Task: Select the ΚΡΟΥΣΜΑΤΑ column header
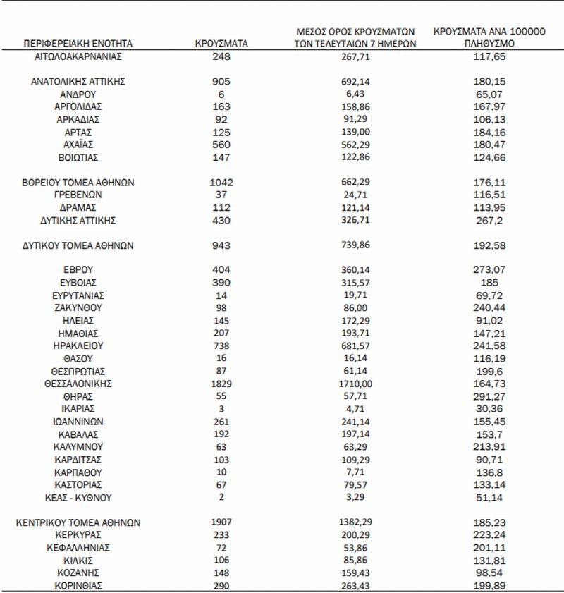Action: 221,44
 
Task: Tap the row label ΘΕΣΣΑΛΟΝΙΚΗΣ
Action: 79,384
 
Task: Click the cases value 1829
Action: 221,384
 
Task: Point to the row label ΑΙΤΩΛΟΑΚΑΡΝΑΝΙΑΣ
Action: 79,55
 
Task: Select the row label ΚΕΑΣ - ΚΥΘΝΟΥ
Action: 79,497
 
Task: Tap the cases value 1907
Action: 221,523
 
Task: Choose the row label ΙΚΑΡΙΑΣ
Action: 79,408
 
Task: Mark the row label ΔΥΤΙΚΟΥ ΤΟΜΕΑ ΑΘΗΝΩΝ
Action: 79,245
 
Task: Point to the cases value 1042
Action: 221,182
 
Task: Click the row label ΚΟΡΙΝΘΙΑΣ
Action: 79,586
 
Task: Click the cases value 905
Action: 221,81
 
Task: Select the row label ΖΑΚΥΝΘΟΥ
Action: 79,307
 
